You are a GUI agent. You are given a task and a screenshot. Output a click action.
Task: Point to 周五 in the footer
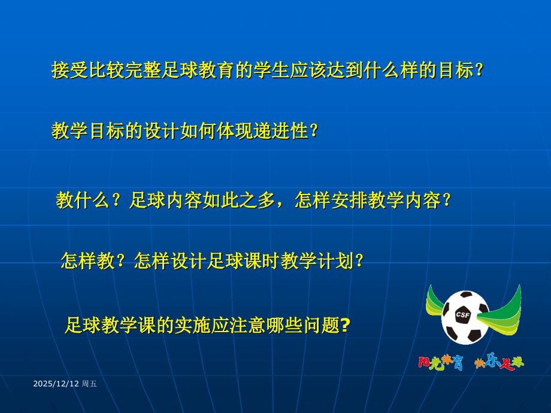point(89,384)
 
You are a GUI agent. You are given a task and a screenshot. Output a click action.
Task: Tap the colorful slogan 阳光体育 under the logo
point(440,363)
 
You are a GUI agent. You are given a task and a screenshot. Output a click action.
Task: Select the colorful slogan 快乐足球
point(498,362)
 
